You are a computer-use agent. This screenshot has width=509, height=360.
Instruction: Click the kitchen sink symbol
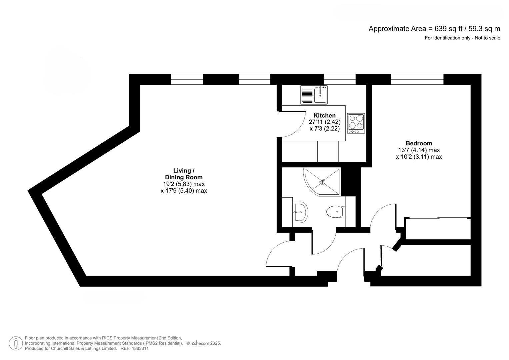tap(314, 95)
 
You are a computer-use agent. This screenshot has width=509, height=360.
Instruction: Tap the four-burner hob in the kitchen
tap(356, 123)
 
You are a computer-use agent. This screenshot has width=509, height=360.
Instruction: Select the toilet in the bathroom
tap(335, 212)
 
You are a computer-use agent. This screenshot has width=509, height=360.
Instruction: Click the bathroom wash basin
tap(301, 212)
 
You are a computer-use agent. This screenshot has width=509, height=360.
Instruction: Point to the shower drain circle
tap(322, 182)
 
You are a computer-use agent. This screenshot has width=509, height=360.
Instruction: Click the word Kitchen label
tap(324, 115)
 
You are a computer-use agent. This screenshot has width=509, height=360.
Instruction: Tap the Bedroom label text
tap(419, 143)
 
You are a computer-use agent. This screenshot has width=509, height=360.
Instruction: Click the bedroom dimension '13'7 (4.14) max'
tap(419, 150)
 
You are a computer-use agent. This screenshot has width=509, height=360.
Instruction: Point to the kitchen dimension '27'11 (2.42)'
tap(324, 122)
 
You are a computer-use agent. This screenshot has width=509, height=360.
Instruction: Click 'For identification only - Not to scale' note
tap(462, 38)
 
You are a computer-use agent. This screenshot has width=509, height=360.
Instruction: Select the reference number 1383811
tap(140, 349)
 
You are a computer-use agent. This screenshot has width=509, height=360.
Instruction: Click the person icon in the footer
tap(16, 343)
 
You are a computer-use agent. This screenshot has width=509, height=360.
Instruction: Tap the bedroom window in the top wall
tap(417, 79)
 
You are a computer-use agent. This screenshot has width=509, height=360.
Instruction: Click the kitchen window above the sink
tap(339, 79)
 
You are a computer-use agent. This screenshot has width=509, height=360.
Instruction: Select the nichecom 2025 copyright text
tap(203, 343)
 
